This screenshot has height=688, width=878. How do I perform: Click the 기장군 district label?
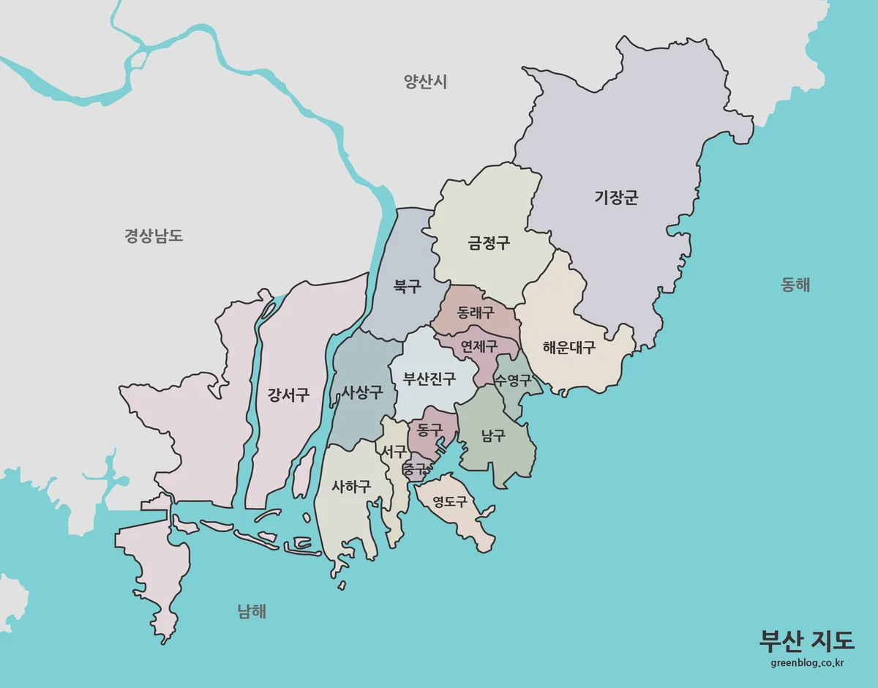(x=616, y=198)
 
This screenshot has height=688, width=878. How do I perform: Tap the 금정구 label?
(x=489, y=244)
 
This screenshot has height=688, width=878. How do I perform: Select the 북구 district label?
(x=407, y=286)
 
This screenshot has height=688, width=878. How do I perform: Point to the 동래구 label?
(x=475, y=313)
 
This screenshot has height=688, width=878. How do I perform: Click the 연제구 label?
(x=479, y=345)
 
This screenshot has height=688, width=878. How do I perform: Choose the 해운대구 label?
(x=569, y=348)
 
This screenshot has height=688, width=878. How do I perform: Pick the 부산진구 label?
(x=429, y=379)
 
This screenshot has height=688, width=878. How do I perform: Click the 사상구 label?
(x=362, y=392)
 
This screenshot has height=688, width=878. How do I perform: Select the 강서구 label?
(x=288, y=395)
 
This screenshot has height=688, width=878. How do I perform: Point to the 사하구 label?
(x=351, y=486)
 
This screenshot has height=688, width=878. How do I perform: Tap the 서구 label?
(x=394, y=452)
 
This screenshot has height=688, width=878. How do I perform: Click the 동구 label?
(x=429, y=430)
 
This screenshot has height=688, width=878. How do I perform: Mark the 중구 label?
(x=414, y=468)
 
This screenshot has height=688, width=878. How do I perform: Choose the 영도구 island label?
(x=450, y=502)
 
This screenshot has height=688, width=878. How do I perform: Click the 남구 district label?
(x=493, y=436)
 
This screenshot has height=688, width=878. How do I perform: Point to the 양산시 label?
(x=425, y=81)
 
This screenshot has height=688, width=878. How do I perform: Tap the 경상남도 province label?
(x=153, y=236)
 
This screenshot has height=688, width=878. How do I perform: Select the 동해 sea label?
(x=795, y=285)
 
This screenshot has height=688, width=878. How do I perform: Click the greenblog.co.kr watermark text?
(x=808, y=663)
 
